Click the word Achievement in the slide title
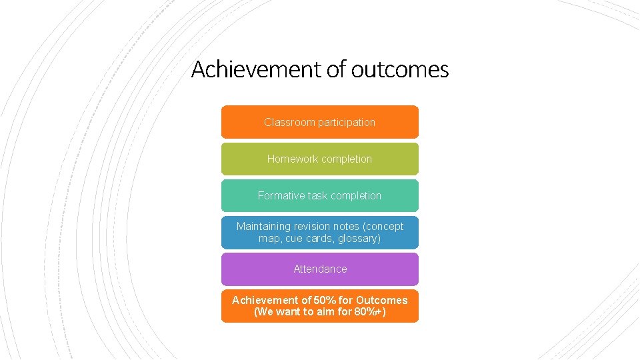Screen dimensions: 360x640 pos(256,69)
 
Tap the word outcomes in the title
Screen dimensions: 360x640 pos(399,69)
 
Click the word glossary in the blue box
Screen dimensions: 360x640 pos(359,239)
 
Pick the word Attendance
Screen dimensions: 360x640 pos(320,269)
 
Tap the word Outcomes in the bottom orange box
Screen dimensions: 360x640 pos(381,300)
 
